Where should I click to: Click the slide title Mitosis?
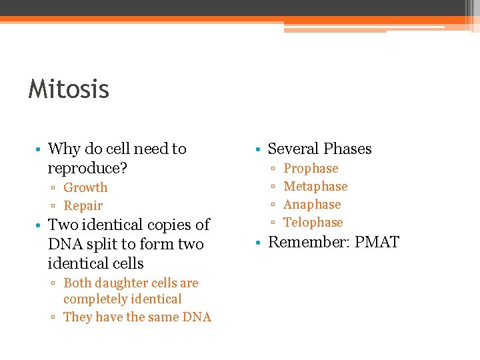point(69,89)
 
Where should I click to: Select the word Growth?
point(85,188)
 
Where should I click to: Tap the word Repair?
point(83,206)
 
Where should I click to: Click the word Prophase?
point(311,169)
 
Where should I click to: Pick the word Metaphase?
point(315,187)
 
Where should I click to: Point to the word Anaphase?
point(312,205)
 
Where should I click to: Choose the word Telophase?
point(313,223)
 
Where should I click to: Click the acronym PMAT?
point(377,241)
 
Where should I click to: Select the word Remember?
point(307,241)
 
